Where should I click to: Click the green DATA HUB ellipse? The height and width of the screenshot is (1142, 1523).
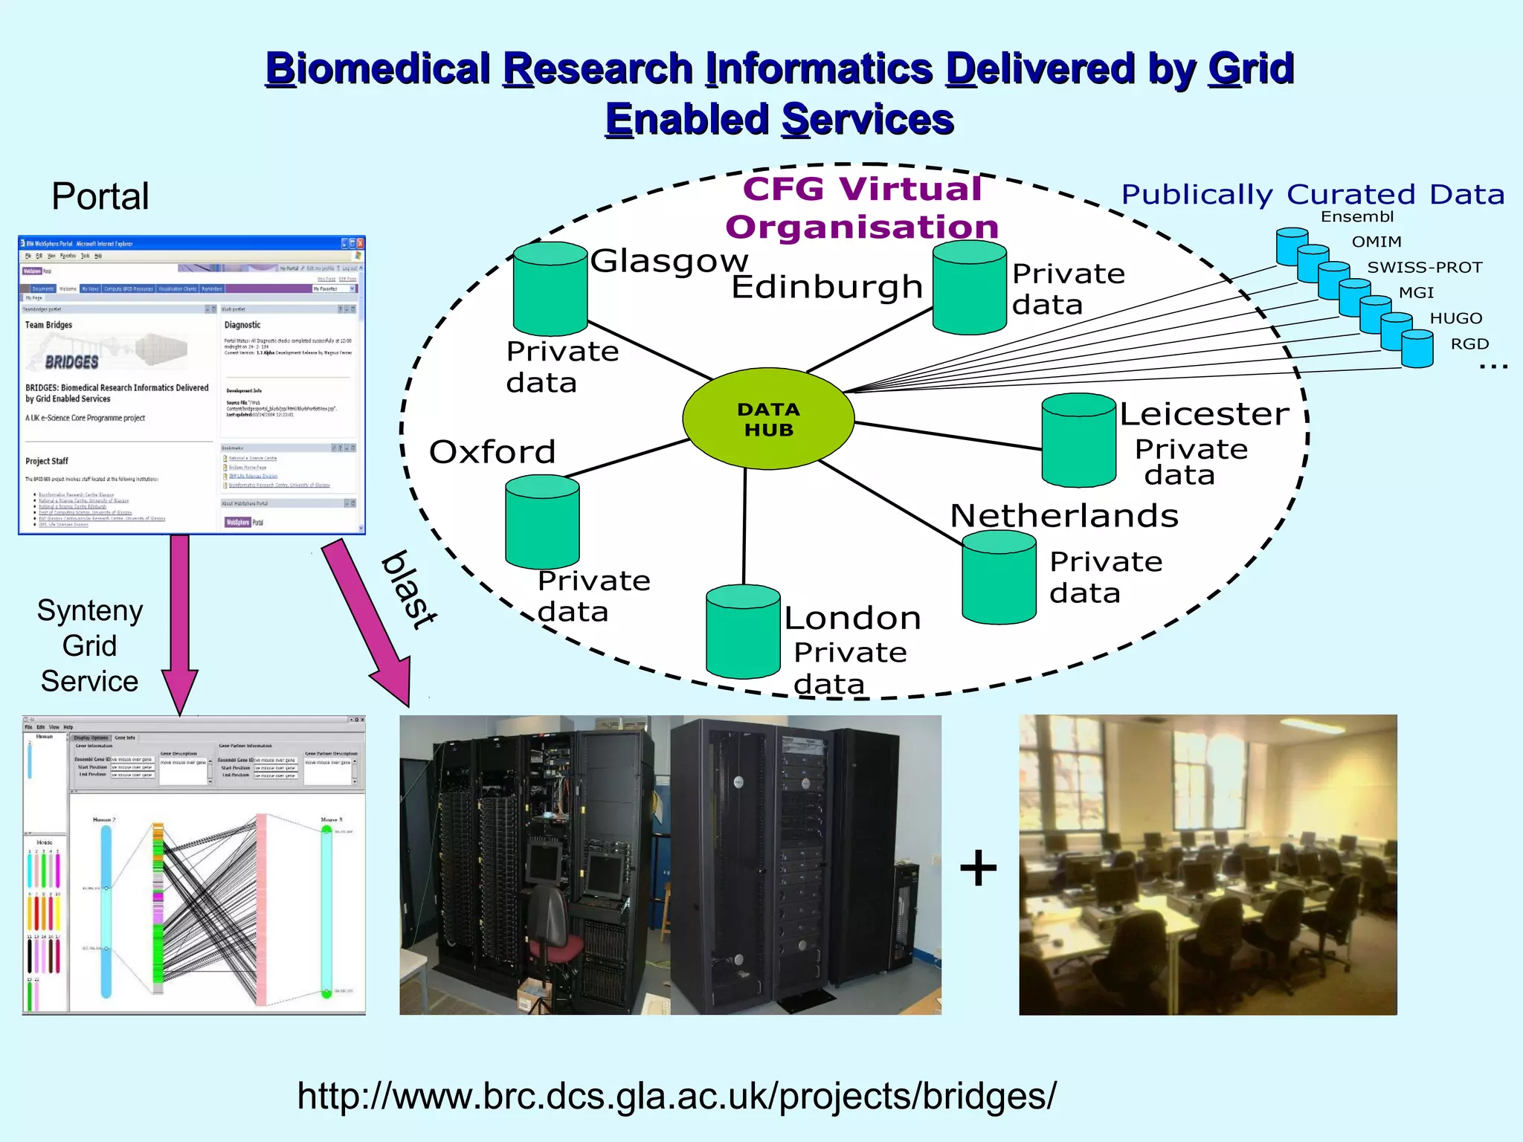click(x=768, y=419)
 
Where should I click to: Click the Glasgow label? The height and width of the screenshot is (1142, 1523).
click(x=669, y=261)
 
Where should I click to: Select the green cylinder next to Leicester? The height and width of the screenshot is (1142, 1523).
click(x=1078, y=441)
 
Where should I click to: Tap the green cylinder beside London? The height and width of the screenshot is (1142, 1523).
click(x=743, y=632)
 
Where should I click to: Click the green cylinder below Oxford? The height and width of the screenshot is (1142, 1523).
click(x=542, y=523)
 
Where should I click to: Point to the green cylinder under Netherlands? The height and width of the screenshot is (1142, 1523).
click(x=999, y=578)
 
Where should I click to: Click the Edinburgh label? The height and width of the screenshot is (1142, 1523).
click(x=827, y=287)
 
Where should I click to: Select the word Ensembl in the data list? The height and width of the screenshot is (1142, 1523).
click(x=1356, y=217)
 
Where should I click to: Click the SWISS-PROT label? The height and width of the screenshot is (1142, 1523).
click(x=1424, y=268)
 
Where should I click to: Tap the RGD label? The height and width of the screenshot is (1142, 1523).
click(x=1469, y=344)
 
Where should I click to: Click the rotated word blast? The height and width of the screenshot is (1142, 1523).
click(x=409, y=590)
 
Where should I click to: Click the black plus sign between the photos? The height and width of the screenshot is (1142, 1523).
click(x=978, y=868)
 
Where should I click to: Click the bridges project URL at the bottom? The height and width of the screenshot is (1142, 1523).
click(x=676, y=1097)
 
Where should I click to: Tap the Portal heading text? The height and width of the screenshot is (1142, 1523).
click(x=100, y=197)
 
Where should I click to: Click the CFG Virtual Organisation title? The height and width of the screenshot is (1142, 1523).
click(x=862, y=208)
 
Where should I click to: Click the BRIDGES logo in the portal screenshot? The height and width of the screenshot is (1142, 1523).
click(x=72, y=362)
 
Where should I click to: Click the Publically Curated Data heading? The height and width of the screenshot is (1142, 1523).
click(x=1313, y=195)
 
